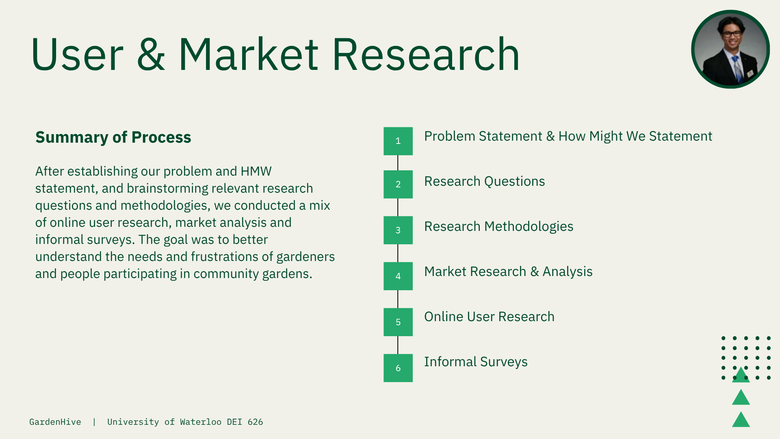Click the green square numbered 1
[398, 141]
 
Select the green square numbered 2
[398, 184]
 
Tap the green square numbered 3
[398, 230]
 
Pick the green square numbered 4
[398, 276]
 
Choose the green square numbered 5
[398, 322]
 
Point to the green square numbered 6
[398, 368]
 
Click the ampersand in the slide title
[151, 54]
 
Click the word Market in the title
[248, 54]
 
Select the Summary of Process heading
[113, 137]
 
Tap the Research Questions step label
[485, 181]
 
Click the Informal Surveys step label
[476, 362]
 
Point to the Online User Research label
[489, 317]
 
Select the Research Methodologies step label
[499, 226]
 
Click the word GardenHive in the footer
[55, 422]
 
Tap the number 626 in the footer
[256, 422]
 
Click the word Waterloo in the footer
[201, 422]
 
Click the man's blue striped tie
[737, 69]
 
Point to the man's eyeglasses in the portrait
[732, 34]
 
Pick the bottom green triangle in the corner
[741, 419]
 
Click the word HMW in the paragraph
[256, 172]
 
